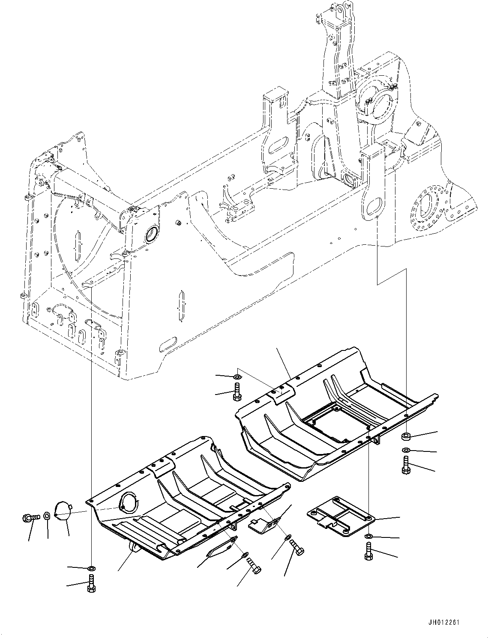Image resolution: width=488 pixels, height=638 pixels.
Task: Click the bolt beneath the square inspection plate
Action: (368, 551)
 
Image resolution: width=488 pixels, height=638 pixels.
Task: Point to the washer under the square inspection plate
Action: (368, 536)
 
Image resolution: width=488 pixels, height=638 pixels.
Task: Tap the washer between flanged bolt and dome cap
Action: (48, 516)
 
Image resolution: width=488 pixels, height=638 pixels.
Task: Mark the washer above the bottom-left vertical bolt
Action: (91, 569)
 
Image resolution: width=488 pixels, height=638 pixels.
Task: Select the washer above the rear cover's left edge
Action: (237, 377)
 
